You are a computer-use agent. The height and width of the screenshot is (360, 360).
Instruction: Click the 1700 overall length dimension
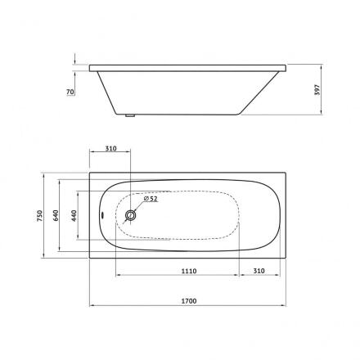pyautogui.click(x=189, y=301)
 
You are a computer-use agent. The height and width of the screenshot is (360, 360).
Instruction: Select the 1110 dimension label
pyautogui.click(x=189, y=271)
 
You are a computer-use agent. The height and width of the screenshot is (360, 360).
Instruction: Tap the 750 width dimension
pyautogui.click(x=40, y=215)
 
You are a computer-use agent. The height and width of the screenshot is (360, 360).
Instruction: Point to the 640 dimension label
pyautogui.click(x=56, y=215)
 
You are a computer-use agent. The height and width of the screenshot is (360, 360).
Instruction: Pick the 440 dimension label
pyautogui.click(x=74, y=215)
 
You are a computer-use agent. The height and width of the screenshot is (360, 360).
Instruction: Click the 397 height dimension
pyautogui.click(x=317, y=89)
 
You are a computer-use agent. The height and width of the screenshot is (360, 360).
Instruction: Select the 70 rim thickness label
pyautogui.click(x=70, y=92)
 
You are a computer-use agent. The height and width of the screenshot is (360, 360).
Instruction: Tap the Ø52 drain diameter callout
pyautogui.click(x=151, y=199)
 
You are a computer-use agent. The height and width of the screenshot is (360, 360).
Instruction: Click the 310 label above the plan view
pyautogui.click(x=110, y=149)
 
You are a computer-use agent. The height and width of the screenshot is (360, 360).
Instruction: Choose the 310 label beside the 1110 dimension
pyautogui.click(x=259, y=271)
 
